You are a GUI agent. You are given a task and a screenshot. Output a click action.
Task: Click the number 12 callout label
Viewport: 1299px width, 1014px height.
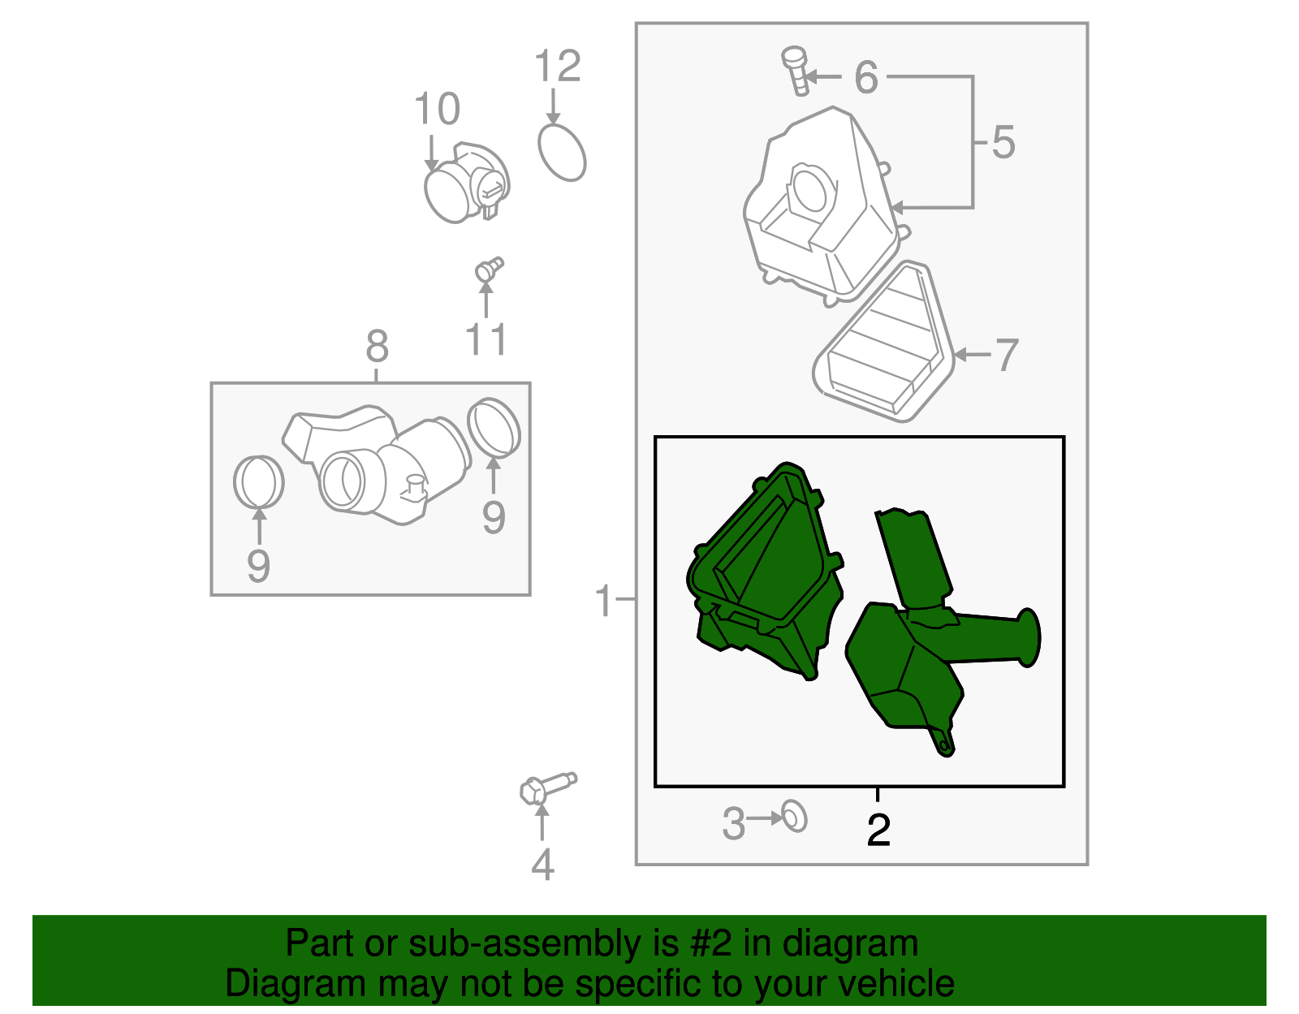[x=557, y=66]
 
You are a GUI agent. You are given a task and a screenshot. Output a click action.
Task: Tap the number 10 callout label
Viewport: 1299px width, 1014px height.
[x=437, y=109]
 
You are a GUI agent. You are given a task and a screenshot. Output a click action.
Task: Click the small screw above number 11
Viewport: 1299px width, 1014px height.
[x=489, y=270]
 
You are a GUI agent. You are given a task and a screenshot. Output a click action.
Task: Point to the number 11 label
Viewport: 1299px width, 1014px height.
[x=486, y=339]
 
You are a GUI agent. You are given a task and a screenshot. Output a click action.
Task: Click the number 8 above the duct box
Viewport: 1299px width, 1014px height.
[x=377, y=346]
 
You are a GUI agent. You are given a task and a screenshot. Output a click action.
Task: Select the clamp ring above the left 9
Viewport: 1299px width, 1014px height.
[x=258, y=481]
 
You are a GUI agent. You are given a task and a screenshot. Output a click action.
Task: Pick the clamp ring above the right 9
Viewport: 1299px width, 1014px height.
[x=494, y=428]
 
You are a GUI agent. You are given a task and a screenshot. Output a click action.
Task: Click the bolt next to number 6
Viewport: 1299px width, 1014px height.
[x=796, y=71]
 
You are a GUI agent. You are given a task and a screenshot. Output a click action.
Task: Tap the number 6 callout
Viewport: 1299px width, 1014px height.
[x=866, y=77]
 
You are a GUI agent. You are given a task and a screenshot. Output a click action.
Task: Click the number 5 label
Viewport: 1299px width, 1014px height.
[x=1003, y=143]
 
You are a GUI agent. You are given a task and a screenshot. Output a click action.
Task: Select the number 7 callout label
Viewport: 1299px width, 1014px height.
[x=1007, y=355]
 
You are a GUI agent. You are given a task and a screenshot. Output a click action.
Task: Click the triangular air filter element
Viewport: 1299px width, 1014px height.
[x=883, y=342]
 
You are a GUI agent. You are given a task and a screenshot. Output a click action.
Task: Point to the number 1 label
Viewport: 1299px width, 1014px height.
[x=604, y=601]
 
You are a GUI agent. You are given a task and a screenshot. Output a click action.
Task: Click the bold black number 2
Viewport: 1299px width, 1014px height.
[x=878, y=830]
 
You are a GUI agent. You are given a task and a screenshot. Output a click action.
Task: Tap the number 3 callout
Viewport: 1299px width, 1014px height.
[x=733, y=822]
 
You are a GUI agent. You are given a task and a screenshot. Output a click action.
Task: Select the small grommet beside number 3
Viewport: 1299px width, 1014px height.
[x=795, y=817]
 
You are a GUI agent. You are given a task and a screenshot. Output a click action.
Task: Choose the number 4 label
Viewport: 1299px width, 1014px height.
[x=542, y=864]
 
